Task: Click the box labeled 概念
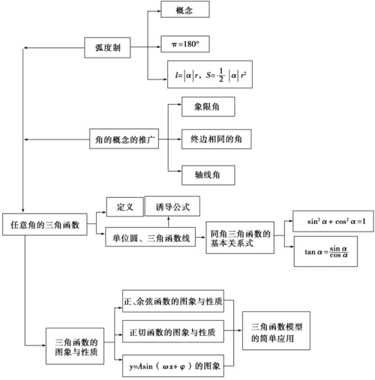(185, 10)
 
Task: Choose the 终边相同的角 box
(217, 139)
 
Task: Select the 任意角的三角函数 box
(46, 224)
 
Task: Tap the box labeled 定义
(124, 206)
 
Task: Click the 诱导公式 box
(172, 206)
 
